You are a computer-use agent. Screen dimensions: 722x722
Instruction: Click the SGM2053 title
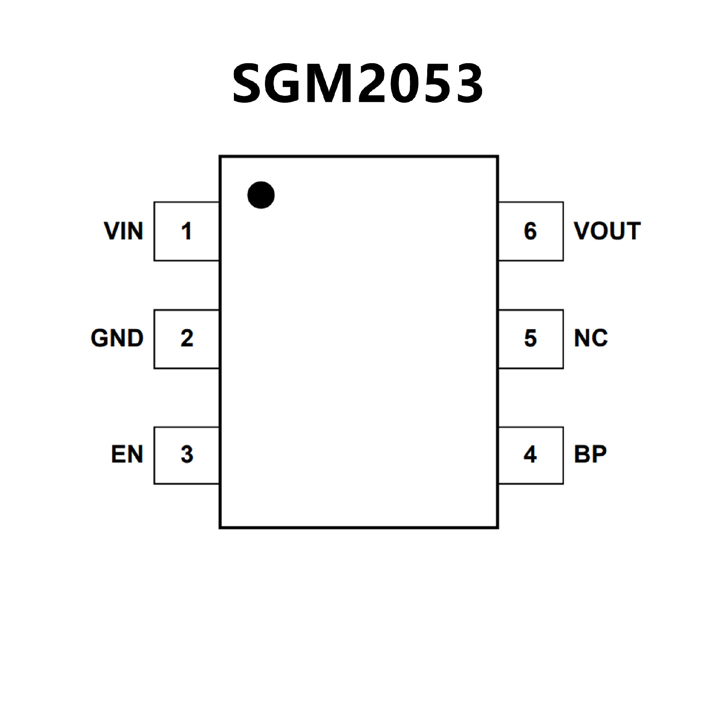pos(358,83)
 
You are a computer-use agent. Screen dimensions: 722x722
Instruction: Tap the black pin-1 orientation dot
pos(261,195)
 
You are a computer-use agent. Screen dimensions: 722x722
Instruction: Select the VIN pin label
pos(124,231)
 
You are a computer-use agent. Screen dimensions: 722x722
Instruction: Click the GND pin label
pos(117,338)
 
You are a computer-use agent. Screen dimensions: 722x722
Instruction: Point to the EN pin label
pos(127,454)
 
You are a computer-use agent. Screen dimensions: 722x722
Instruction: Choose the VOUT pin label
pos(607,231)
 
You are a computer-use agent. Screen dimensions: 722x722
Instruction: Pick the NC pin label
pos(591,338)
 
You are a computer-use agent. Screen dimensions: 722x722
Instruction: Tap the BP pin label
pos(590,454)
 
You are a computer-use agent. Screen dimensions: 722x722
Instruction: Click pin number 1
pos(187,231)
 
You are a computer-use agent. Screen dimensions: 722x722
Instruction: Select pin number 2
pos(187,338)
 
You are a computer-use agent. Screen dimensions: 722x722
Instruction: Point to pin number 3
pos(187,454)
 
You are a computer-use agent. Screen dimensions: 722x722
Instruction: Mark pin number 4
pos(530,454)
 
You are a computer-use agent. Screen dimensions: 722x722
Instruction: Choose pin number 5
pos(530,338)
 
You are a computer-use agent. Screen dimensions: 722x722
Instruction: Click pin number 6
pos(530,231)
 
